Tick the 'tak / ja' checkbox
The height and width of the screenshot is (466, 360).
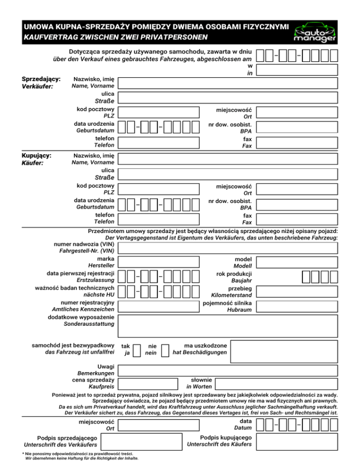137,350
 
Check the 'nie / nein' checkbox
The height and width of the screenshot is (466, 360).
165,350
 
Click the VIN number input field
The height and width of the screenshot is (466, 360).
227,248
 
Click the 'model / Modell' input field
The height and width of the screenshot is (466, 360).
297,263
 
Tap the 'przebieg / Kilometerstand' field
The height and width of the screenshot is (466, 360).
297,292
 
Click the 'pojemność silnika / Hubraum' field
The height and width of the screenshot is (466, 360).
297,306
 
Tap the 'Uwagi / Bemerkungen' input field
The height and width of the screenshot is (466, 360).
227,370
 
